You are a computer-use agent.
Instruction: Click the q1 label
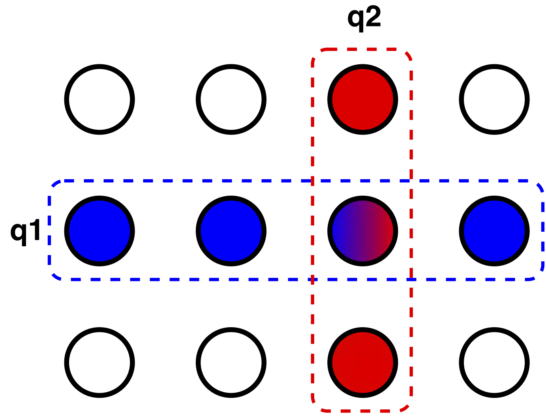pos(25,232)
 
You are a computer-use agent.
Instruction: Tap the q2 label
pos(364,19)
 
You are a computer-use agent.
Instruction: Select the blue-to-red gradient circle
pos(362,231)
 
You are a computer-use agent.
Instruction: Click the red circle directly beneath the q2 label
pos(362,99)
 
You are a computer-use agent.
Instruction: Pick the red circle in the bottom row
pos(362,363)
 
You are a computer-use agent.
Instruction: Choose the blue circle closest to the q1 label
pos(99,231)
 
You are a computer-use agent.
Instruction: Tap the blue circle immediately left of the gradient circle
pos(231,231)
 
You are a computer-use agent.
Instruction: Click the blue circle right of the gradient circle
pos(494,231)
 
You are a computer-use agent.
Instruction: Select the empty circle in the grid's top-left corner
pos(99,99)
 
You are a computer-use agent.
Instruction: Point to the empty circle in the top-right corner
pos(494,99)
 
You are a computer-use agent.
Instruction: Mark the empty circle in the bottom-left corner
pos(99,363)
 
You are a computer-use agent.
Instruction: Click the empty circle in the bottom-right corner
pos(494,363)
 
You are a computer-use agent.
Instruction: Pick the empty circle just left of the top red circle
pos(231,99)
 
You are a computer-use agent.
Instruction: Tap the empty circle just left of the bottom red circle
pos(231,363)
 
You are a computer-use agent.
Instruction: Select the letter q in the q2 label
pos(355,22)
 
